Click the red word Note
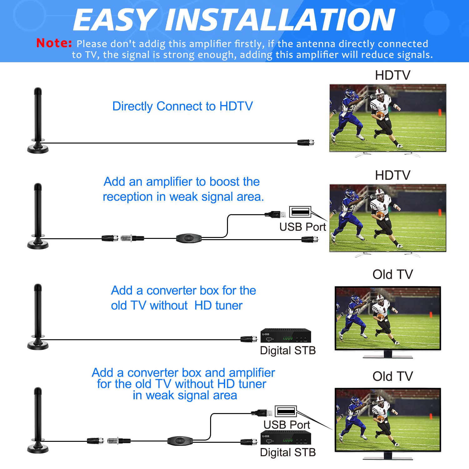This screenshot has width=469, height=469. [x=54, y=43]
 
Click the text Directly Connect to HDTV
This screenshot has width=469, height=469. [x=182, y=106]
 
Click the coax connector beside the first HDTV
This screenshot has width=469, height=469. [x=306, y=143]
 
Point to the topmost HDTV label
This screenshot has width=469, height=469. [x=392, y=75]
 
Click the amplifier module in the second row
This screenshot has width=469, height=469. [x=189, y=239]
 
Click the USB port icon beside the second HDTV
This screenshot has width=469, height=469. [x=300, y=212]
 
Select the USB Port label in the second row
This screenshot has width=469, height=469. [x=302, y=227]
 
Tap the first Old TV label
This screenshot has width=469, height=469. [x=392, y=275]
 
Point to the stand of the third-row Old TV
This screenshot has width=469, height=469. [x=388, y=355]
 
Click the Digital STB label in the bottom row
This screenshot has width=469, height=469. [x=288, y=452]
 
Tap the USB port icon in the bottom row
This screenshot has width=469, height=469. [x=286, y=411]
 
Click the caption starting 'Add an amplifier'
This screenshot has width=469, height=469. [x=183, y=189]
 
